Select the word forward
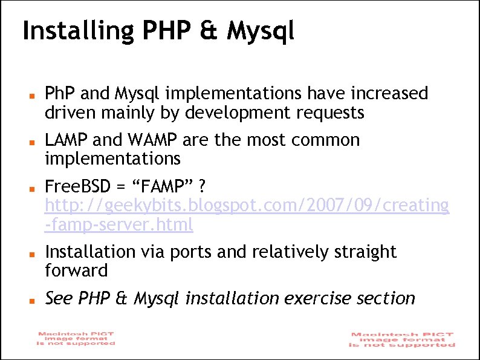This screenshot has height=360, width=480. pyautogui.click(x=76, y=270)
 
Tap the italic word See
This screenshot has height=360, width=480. pyautogui.click(x=57, y=298)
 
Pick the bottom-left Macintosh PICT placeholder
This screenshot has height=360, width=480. pyautogui.click(x=76, y=338)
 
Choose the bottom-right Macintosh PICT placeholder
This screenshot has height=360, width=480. pyautogui.click(x=402, y=339)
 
